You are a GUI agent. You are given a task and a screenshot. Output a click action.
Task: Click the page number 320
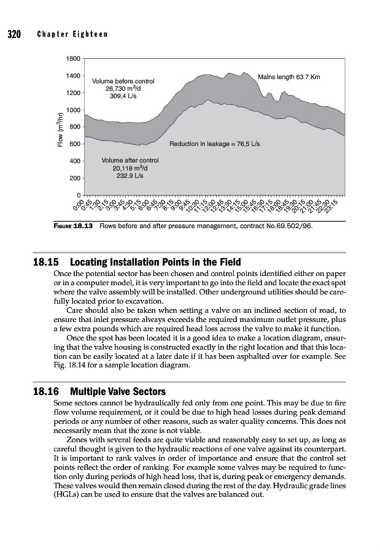[x=14, y=34]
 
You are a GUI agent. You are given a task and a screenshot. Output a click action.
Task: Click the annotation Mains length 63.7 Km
[x=290, y=77]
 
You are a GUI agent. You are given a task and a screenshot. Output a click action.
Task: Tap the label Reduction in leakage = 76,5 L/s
[x=215, y=144]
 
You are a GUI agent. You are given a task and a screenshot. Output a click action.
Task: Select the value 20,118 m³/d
[x=130, y=168]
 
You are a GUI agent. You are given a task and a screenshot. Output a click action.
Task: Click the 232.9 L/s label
[x=130, y=175]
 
